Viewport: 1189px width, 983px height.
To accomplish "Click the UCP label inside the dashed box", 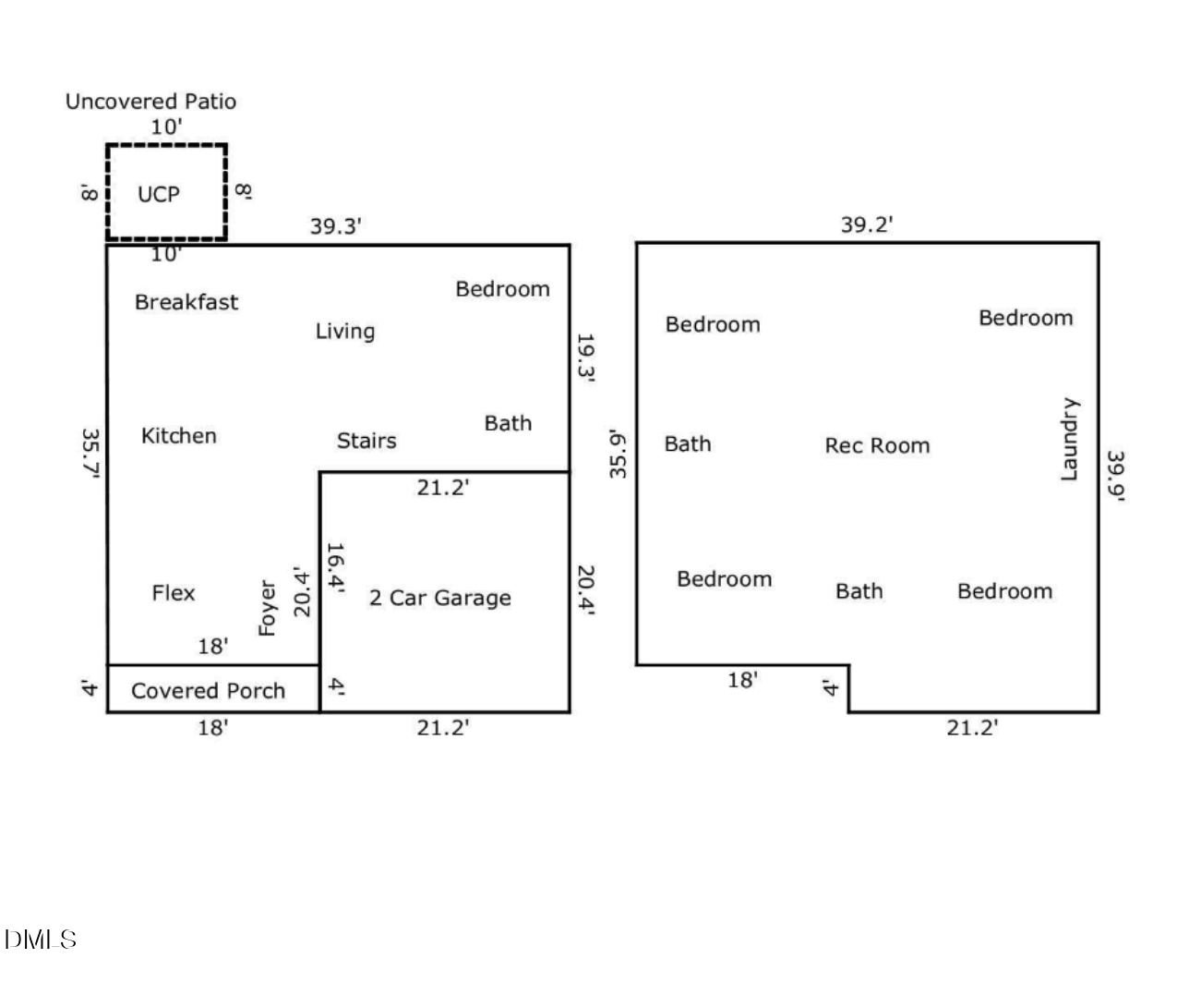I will coord(158,194).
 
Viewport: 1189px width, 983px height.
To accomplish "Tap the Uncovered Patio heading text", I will coord(150,102).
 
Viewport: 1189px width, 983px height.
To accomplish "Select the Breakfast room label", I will coord(186,302).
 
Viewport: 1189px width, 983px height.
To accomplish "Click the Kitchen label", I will coord(179,436).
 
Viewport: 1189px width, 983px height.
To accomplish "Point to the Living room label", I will coord(345,332).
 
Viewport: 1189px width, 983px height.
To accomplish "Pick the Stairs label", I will coord(366,441).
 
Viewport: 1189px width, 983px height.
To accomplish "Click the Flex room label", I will coord(174,593).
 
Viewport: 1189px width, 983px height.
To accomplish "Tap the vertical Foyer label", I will coord(267,608).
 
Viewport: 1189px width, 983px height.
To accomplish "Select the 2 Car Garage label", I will coord(440,598).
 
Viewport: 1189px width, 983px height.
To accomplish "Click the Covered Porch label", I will coord(209,691).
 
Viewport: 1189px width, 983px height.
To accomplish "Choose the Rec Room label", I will coord(877,445).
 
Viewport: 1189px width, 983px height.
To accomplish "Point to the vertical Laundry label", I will coord(1068,440).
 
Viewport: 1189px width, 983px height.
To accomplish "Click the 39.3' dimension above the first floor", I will coord(335,226).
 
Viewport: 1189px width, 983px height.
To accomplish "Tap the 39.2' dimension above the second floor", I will coord(866,225).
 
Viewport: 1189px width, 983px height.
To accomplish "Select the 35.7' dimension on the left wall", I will coord(91,454).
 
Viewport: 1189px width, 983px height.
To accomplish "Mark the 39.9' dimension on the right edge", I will coord(1116,476).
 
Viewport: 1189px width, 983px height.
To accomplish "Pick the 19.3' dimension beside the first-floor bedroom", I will coord(585,358).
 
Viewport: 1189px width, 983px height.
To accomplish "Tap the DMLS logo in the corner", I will coord(40,941).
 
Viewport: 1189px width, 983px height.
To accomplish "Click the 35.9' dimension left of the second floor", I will coord(618,454).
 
